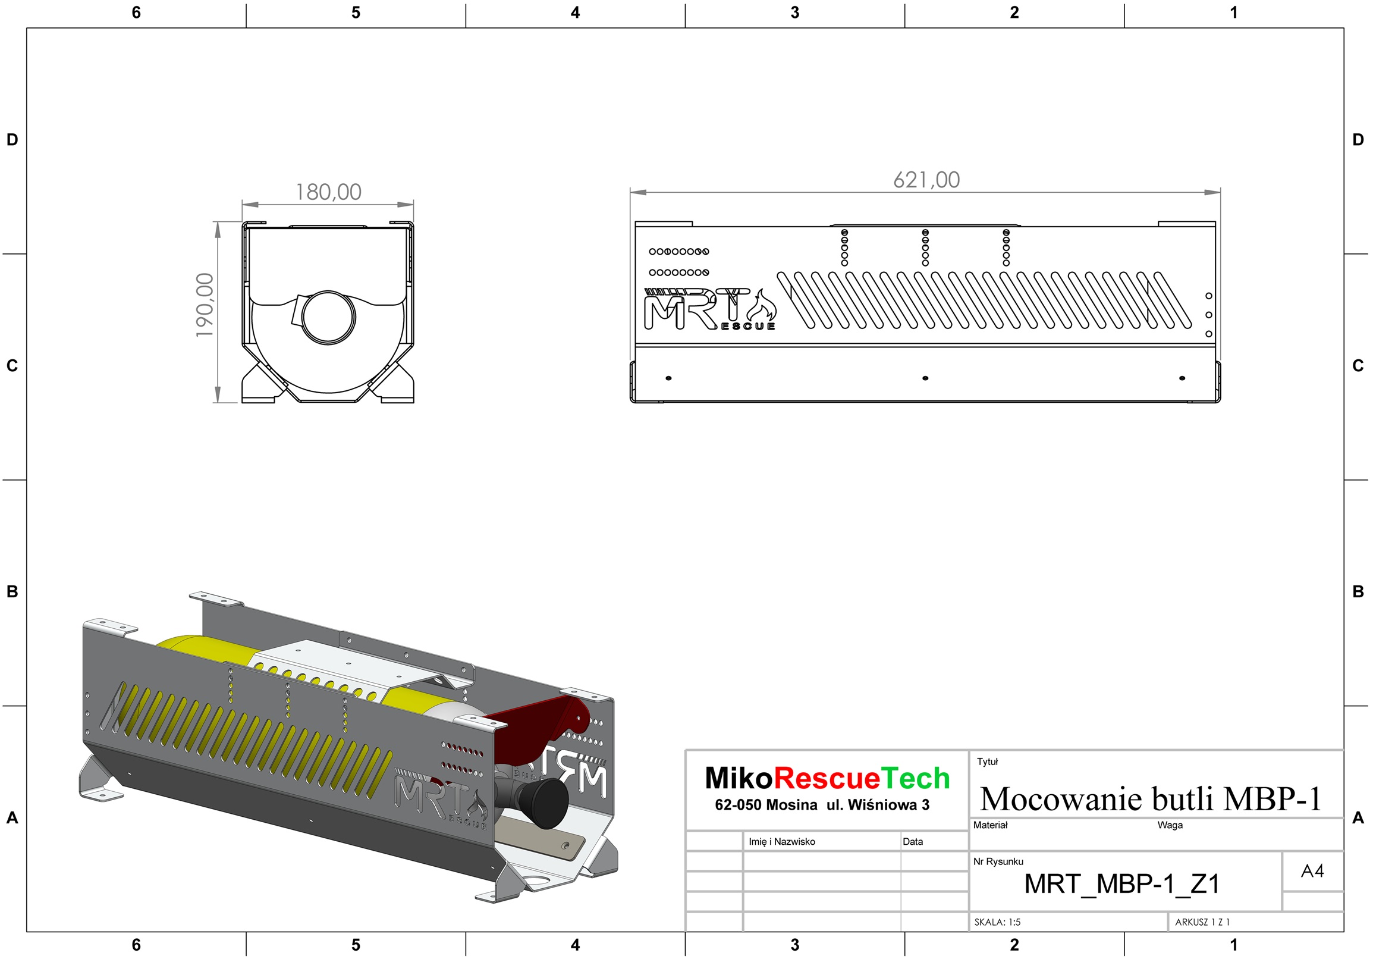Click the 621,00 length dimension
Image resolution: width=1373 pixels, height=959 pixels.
pos(926,180)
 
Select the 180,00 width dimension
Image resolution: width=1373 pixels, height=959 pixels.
pos(328,192)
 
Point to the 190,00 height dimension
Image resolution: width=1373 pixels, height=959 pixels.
pos(205,305)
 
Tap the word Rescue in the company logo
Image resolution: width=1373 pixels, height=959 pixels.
pos(827,778)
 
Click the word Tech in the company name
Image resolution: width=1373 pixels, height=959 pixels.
pos(916,778)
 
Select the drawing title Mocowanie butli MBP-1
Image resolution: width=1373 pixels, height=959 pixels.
pos(1151,798)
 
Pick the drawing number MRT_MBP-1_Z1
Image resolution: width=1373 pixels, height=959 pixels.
pos(1122,883)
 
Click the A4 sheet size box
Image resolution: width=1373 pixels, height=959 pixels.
pos(1312,870)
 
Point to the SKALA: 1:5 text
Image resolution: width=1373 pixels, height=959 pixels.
pos(997,922)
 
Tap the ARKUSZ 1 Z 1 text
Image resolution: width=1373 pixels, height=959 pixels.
pos(1202,922)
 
